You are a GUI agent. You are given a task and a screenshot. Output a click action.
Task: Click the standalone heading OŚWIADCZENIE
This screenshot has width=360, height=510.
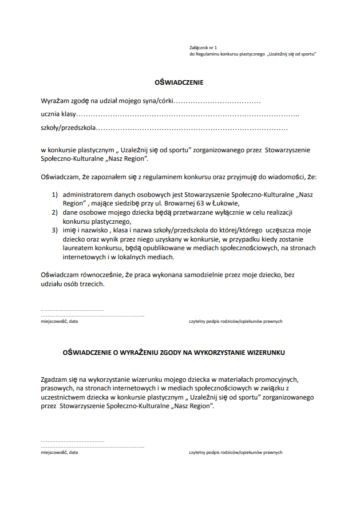pyautogui.click(x=179, y=82)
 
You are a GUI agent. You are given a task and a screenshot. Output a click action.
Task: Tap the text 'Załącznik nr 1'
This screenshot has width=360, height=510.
pyautogui.click(x=203, y=48)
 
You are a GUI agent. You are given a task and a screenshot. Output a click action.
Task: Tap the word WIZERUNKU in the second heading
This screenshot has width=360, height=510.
pyautogui.click(x=265, y=353)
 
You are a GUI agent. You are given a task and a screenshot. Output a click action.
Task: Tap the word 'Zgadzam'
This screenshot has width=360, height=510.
pyautogui.click(x=55, y=379)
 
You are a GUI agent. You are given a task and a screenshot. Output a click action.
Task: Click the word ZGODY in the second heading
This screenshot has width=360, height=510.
pyautogui.click(x=157, y=353)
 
